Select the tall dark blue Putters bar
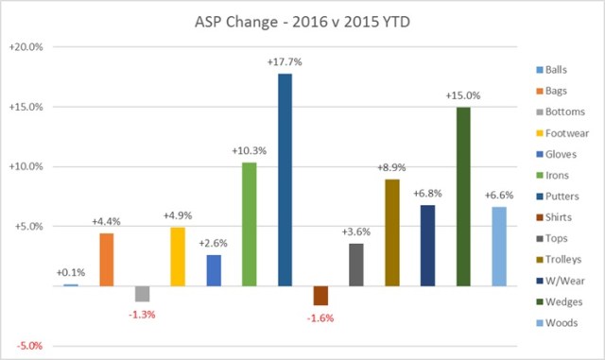click(x=285, y=180)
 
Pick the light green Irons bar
click(x=249, y=224)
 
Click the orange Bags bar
click(x=106, y=259)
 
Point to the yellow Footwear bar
click(x=178, y=256)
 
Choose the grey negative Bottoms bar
click(x=142, y=293)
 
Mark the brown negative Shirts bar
click(x=320, y=295)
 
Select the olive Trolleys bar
click(x=391, y=231)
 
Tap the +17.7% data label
click(x=285, y=62)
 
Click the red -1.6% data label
click(x=320, y=317)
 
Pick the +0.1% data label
click(x=71, y=272)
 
